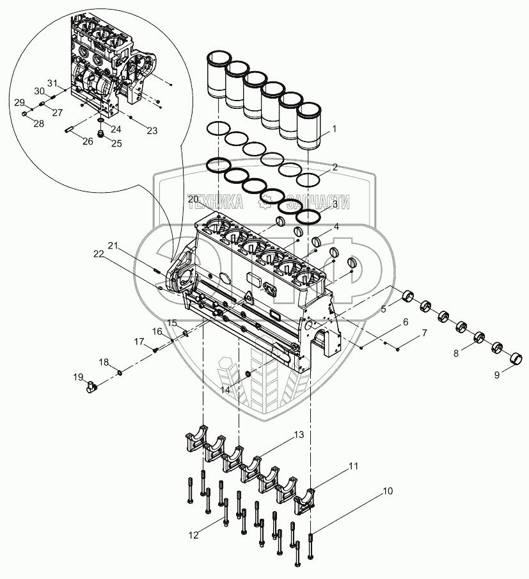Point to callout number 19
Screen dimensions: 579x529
coord(78,376)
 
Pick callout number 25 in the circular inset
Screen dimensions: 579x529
coord(98,144)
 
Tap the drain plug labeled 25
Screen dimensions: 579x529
coord(100,133)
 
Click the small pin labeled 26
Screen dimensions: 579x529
coord(70,133)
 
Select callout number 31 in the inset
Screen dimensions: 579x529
coord(52,83)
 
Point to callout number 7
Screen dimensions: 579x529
coord(423,334)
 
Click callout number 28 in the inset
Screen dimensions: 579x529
coord(39,124)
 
